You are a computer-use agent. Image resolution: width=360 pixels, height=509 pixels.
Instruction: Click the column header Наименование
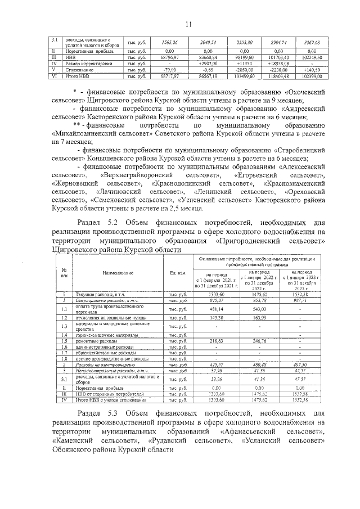click(x=118, y=273)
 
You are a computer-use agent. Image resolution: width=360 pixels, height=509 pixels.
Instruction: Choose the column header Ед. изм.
click(x=178, y=273)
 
